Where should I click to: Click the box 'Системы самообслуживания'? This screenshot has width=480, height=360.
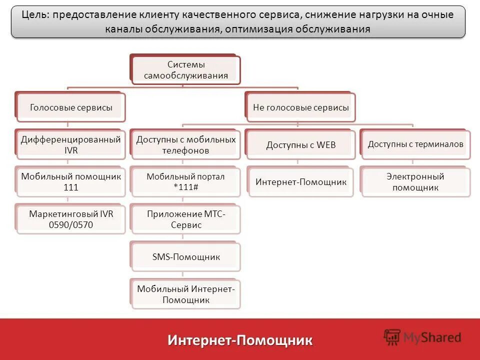(x=186, y=70)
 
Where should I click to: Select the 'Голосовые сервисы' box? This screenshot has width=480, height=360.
(x=71, y=107)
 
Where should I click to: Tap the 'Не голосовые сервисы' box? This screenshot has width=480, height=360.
(x=301, y=107)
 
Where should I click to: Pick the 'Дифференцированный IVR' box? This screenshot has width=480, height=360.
(x=71, y=144)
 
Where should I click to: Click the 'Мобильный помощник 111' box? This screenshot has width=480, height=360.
(x=71, y=182)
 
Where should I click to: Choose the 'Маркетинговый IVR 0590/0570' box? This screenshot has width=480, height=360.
(x=71, y=219)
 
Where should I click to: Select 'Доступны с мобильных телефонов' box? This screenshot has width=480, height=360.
(x=186, y=144)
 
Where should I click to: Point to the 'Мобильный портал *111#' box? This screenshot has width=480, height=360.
(x=186, y=182)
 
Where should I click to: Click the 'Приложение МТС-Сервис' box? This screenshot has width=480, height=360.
(x=186, y=219)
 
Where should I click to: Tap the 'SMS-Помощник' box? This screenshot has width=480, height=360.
(x=186, y=257)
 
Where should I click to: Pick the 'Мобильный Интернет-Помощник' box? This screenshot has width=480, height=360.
(x=186, y=294)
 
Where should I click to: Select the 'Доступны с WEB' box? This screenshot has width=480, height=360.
(x=301, y=145)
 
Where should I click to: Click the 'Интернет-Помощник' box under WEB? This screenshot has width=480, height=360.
(x=301, y=182)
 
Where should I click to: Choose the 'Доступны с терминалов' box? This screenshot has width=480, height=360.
(x=415, y=144)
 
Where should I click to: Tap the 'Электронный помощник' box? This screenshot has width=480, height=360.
(x=415, y=182)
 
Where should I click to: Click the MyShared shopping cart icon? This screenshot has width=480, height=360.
(x=392, y=337)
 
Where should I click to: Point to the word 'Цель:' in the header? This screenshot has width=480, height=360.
(x=35, y=14)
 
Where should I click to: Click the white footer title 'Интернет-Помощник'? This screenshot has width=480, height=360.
(x=240, y=340)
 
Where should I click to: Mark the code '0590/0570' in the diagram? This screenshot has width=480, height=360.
(x=71, y=224)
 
